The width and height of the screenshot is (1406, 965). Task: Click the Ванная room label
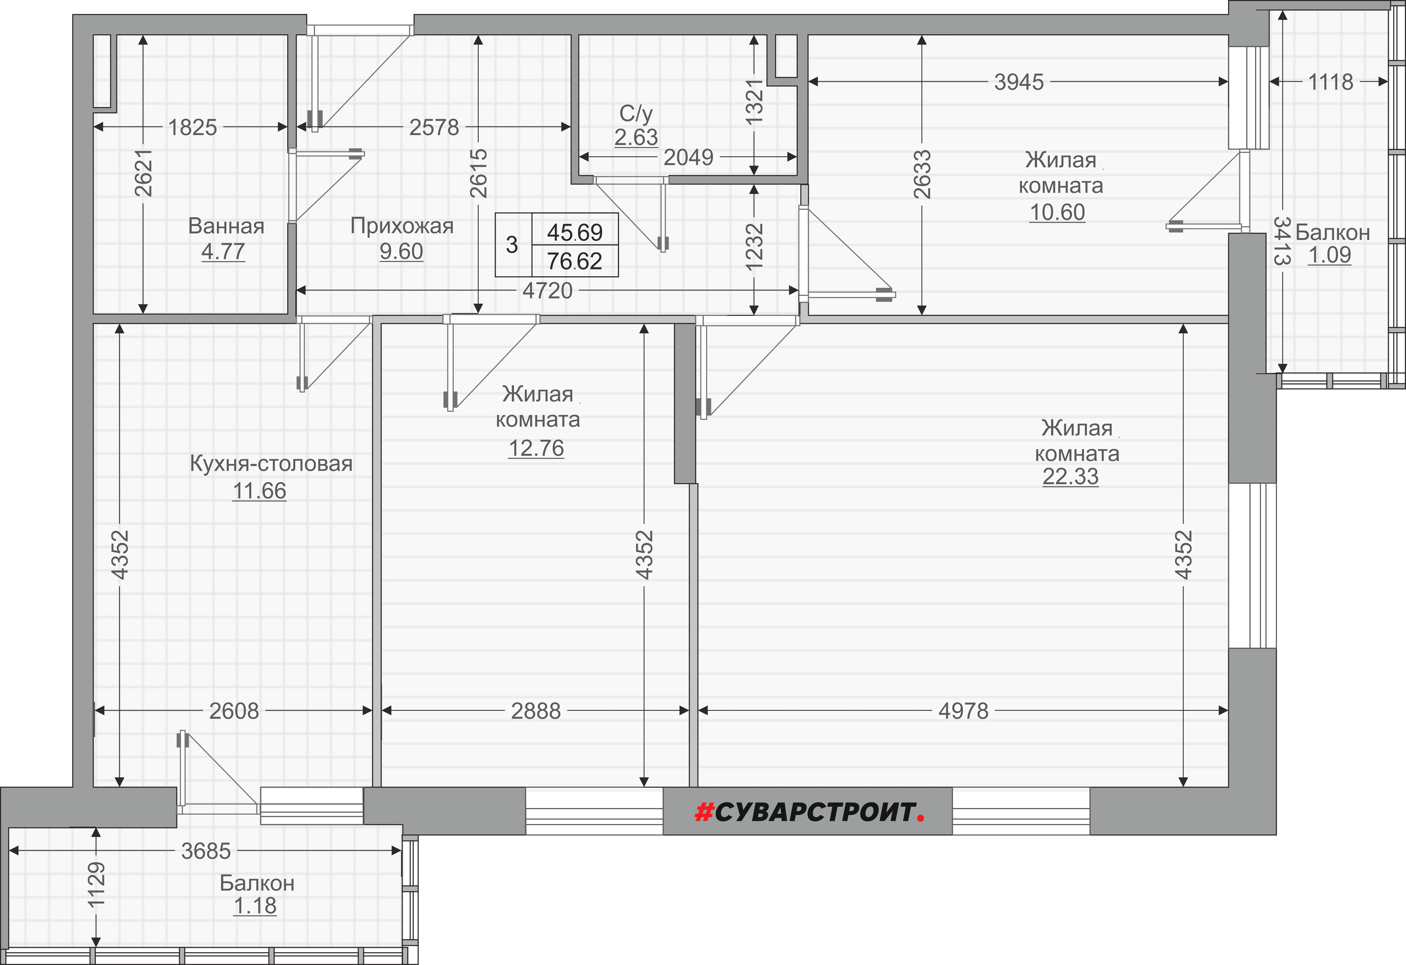click(226, 226)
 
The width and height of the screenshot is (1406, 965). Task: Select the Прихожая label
click(402, 226)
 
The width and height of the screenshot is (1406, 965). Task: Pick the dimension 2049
click(689, 157)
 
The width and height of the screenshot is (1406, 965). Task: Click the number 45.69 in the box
click(575, 232)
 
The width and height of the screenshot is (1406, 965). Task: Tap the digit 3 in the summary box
click(512, 245)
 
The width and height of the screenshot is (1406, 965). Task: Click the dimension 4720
click(548, 291)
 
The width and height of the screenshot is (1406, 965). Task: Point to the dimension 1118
click(1330, 82)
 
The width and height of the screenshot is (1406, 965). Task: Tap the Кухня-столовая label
click(271, 464)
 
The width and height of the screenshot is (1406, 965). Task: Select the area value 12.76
click(536, 448)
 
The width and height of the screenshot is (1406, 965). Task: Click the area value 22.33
click(1070, 477)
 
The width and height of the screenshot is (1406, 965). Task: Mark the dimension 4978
click(963, 711)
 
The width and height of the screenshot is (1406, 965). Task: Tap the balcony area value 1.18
click(255, 906)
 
